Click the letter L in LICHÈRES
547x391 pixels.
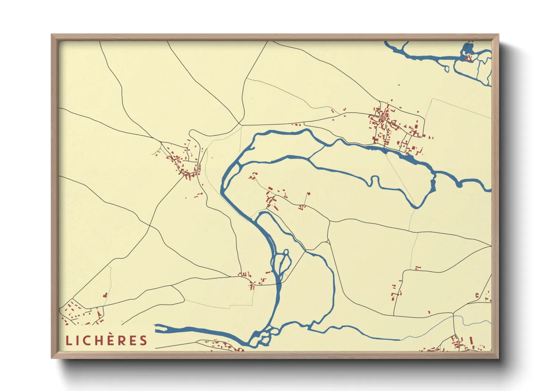[x=68, y=340]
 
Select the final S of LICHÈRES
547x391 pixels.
[x=143, y=340]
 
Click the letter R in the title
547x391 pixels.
[x=123, y=340]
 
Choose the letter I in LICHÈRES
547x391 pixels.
[x=78, y=340]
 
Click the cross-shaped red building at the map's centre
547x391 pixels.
[x=309, y=193]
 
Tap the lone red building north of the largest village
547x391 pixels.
[x=399, y=85]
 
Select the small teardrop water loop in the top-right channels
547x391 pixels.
[x=446, y=68]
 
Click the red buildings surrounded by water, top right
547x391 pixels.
[x=468, y=58]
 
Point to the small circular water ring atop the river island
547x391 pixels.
[x=285, y=252]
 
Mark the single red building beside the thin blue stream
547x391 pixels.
[x=429, y=313]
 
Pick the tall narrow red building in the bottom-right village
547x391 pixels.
[x=471, y=340]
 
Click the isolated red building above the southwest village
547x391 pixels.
[x=105, y=295]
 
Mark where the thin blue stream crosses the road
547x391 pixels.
[x=453, y=316]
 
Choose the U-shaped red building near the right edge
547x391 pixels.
[x=477, y=295]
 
